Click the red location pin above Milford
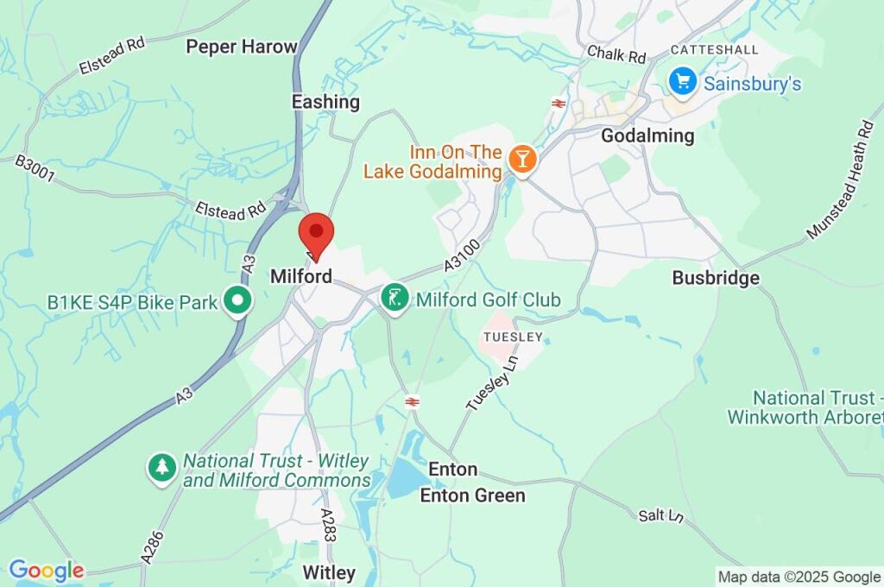[316, 232]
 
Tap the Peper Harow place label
[242, 47]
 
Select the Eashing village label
[325, 102]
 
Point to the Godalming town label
[647, 136]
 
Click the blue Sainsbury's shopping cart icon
[683, 82]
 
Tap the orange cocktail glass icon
[521, 158]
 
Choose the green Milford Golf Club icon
[395, 300]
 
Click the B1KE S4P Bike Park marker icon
[237, 301]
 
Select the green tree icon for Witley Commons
[161, 469]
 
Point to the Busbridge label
[716, 278]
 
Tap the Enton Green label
[472, 495]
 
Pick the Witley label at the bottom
[329, 572]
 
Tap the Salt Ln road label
[661, 515]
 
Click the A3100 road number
[463, 256]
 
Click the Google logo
[47, 571]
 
